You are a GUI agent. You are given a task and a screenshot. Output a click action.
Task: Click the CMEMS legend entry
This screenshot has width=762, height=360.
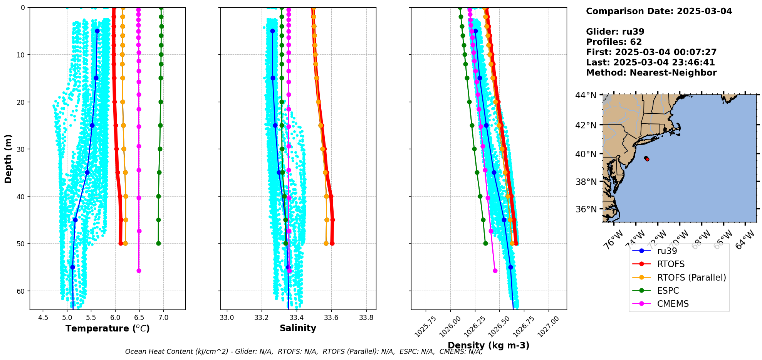tap(673, 304)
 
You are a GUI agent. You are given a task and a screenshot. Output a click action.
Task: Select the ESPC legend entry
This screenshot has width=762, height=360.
tap(668, 291)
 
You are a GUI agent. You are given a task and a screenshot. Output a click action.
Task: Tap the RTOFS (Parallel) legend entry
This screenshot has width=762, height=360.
tap(691, 278)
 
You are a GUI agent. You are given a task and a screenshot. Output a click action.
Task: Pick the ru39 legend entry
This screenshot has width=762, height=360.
tap(667, 251)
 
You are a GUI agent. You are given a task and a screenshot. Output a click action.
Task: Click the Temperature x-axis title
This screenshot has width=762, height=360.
tap(107, 328)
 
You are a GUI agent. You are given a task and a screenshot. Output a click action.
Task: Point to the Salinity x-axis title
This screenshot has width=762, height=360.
tap(298, 328)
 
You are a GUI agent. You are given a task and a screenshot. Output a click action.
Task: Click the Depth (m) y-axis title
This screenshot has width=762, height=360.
tap(8, 158)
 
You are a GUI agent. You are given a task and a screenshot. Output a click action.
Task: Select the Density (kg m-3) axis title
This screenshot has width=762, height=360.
tap(488, 345)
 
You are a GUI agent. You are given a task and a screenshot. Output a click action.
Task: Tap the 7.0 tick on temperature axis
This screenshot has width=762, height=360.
tap(163, 318)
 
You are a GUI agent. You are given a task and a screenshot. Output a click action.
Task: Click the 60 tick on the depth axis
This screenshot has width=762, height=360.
tap(20, 291)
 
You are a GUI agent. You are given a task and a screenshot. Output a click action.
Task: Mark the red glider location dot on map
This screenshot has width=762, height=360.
tap(647, 159)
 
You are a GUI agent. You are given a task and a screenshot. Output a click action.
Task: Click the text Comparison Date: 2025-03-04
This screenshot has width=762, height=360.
tap(659, 11)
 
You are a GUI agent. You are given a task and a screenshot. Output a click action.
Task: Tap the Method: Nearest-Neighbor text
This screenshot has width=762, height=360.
tap(651, 73)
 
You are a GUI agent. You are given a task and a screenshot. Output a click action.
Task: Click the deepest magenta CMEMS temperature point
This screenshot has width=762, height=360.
tap(139, 271)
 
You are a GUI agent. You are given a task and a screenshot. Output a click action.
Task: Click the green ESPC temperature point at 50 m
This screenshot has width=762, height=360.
tap(158, 243)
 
